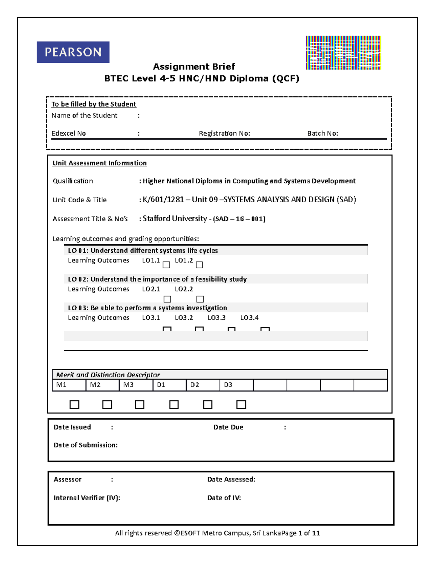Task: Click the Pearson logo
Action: pos(73,52)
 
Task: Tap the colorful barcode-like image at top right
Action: pos(343,53)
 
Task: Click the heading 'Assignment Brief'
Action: pos(194,67)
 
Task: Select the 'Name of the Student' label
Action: pos(84,116)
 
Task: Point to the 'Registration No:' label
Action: pos(224,133)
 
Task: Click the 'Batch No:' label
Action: pos(323,133)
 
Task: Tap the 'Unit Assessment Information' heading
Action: pos(100,163)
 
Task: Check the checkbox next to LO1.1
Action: pos(166,265)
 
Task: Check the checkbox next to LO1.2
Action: pos(199,265)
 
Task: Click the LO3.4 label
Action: pos(249,318)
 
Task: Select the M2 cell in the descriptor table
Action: pos(102,385)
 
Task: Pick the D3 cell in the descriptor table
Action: pos(236,385)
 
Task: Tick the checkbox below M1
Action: pos(74,405)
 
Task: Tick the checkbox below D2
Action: pos(208,405)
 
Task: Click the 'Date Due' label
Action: pos(228,427)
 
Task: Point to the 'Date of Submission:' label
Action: pos(86,445)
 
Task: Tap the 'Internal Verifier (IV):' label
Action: pos(87,498)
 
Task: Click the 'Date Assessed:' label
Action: pos(231,480)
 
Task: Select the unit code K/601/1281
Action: pos(163,200)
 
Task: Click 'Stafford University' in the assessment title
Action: pos(175,219)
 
